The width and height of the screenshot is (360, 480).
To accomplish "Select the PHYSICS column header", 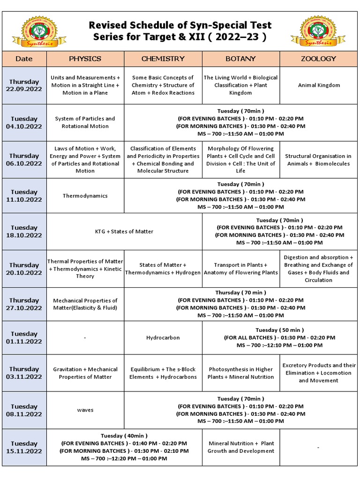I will tap(85, 59).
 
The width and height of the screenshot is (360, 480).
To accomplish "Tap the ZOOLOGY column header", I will tap(318, 59).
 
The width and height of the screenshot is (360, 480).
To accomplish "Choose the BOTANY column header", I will tap(241, 59).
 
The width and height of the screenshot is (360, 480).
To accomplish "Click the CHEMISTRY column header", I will tap(163, 59).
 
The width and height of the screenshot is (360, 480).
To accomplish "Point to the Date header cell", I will tap(24, 59).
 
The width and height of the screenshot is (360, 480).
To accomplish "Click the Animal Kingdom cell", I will tap(319, 85).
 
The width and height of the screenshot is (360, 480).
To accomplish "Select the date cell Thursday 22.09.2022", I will tap(24, 85).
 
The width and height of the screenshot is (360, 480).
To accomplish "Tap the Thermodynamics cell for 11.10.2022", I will tap(85, 196).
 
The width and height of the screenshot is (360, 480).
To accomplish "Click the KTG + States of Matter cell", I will tap(124, 232).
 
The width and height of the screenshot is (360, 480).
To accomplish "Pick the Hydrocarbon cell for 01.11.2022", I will tap(163, 337).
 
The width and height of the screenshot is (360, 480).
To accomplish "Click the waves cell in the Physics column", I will tap(85, 410).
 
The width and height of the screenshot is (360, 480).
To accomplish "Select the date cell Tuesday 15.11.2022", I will tap(24, 447).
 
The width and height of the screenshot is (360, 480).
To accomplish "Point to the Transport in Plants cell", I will tap(241, 269).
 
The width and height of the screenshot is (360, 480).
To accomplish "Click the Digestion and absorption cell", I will tap(319, 269).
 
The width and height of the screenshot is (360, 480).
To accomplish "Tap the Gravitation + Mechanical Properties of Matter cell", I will tap(85, 373).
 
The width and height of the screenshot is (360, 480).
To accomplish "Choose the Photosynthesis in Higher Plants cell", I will tap(241, 373).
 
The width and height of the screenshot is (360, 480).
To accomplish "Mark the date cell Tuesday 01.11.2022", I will tap(24, 337).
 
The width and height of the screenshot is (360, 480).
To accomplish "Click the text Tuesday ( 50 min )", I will tap(279, 330).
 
